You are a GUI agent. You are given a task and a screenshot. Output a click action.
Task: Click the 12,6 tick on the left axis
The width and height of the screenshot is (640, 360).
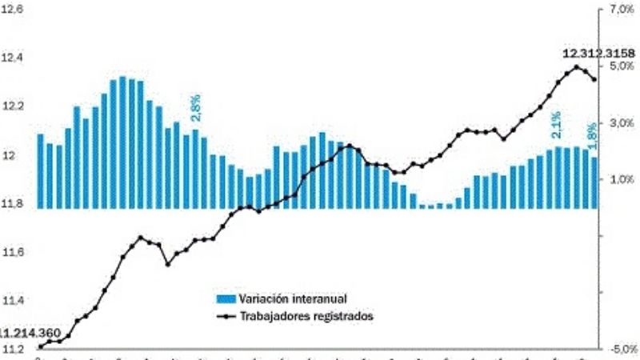(14, 9)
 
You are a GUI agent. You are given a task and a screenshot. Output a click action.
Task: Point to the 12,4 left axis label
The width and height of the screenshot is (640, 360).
(14, 58)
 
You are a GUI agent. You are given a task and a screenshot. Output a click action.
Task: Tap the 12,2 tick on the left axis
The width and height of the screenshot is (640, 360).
(14, 106)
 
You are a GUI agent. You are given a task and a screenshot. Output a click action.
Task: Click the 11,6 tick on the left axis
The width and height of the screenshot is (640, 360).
(14, 252)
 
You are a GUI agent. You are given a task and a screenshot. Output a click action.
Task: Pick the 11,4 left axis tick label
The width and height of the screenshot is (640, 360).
(14, 301)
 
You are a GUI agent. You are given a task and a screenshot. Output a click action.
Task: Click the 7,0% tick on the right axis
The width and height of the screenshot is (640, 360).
(621, 10)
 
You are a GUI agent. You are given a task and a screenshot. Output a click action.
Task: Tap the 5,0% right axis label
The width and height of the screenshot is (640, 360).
(621, 66)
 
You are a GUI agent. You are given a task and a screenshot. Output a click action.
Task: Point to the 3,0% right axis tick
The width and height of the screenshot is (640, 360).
(621, 122)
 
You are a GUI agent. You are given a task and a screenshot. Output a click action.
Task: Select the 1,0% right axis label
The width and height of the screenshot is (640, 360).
(621, 179)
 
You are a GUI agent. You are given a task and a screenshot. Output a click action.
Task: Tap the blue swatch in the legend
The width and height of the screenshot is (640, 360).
(226, 299)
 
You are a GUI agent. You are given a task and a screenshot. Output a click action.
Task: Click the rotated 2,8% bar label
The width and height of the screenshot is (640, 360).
(196, 108)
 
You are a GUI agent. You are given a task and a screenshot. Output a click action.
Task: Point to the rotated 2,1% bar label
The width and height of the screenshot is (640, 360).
(556, 125)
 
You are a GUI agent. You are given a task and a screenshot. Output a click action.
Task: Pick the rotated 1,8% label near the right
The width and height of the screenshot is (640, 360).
(592, 134)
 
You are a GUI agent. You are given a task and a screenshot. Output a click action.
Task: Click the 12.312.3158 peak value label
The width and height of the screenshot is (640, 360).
(599, 54)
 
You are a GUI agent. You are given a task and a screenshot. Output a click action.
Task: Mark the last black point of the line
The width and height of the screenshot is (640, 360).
(594, 79)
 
